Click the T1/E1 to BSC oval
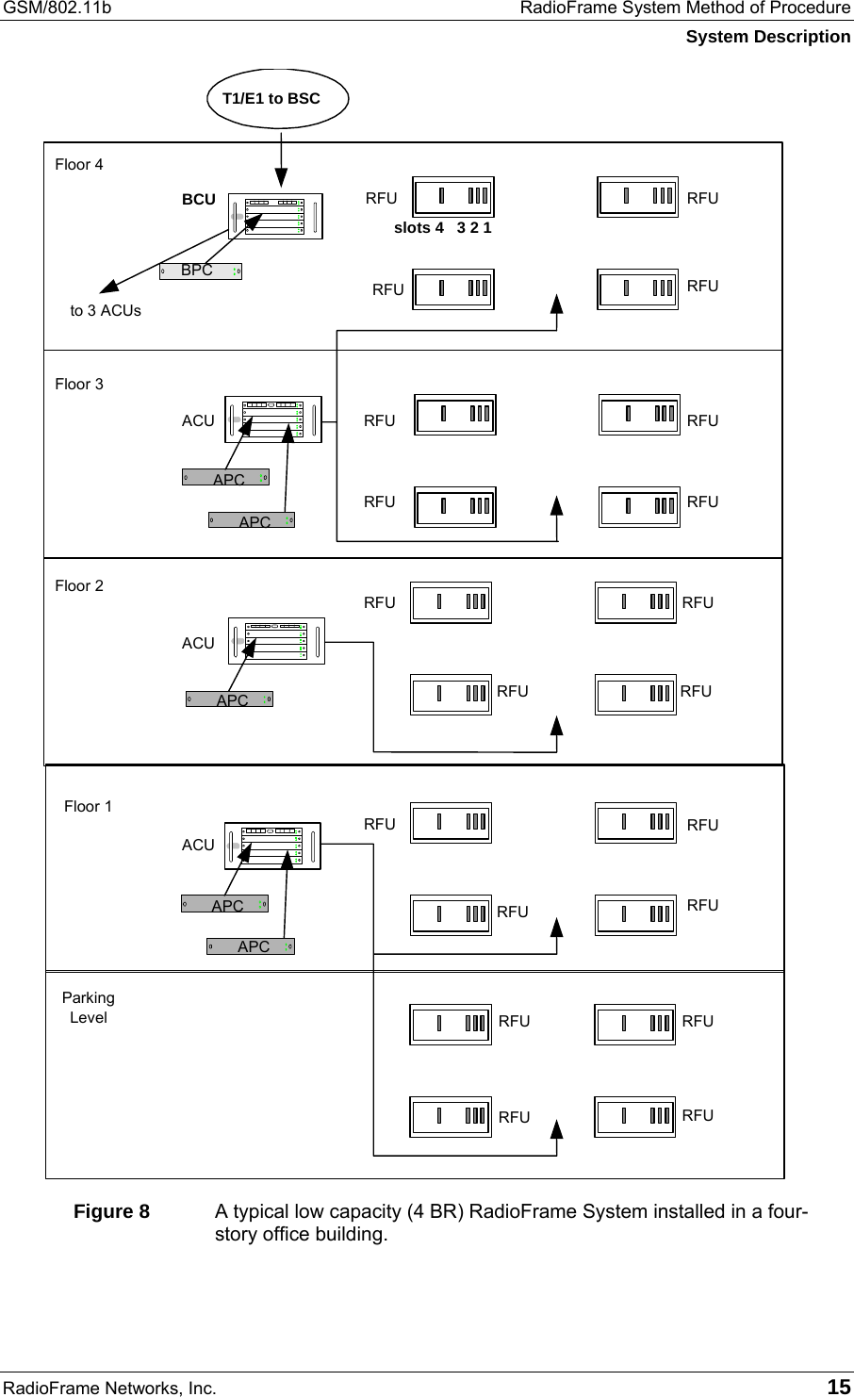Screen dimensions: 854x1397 (x=277, y=98)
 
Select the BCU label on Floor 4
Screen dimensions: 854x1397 (x=199, y=200)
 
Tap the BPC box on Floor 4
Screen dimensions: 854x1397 (x=200, y=271)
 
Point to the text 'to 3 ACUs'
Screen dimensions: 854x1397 (x=107, y=310)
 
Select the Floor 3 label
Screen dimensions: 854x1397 (x=79, y=385)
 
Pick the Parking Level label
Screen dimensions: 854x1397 (x=89, y=1008)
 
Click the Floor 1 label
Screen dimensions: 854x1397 (x=88, y=807)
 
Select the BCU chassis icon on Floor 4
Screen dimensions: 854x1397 (x=275, y=217)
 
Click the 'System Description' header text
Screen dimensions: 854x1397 (x=767, y=37)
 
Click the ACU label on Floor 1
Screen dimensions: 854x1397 (x=198, y=846)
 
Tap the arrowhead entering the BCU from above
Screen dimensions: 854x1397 (x=281, y=176)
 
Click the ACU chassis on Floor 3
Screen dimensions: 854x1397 (x=273, y=419)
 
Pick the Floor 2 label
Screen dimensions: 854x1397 (x=79, y=586)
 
